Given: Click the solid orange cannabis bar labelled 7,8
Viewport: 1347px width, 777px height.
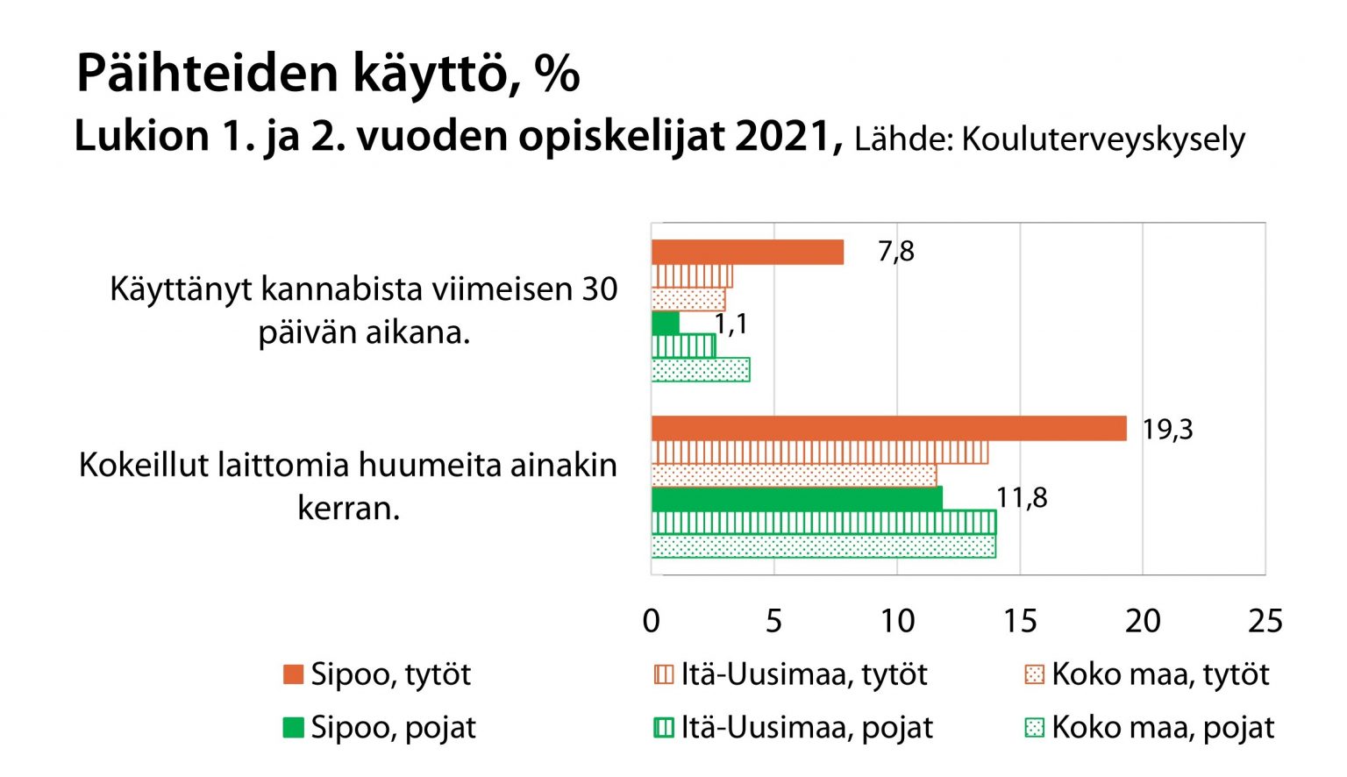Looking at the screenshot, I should [x=747, y=253].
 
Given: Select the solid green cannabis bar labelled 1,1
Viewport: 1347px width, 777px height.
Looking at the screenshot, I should [x=666, y=324].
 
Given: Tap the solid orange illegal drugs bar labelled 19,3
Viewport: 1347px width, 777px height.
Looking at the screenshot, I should [x=888, y=429].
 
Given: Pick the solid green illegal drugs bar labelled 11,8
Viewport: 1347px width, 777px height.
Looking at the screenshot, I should [x=796, y=499].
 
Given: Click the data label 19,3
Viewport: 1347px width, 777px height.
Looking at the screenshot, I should [x=1167, y=430].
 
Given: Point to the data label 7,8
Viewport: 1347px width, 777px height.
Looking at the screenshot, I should [x=895, y=252].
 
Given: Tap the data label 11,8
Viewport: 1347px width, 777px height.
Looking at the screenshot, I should [x=1022, y=498].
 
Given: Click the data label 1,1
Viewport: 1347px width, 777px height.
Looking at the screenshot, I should [x=731, y=324].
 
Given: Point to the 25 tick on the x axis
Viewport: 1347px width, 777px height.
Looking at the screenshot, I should [x=1265, y=621].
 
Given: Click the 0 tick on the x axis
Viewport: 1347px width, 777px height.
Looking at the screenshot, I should [x=651, y=621].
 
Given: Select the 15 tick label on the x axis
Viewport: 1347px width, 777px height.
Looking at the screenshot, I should [x=1019, y=621].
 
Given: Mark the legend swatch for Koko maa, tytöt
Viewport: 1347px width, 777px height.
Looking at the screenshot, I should [x=1035, y=674].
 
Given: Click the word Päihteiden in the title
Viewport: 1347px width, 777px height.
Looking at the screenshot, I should [x=207, y=74].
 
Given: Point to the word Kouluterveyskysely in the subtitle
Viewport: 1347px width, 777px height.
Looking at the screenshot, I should [x=1103, y=139].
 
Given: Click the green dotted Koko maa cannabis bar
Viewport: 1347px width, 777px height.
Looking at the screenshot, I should [x=700, y=370].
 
